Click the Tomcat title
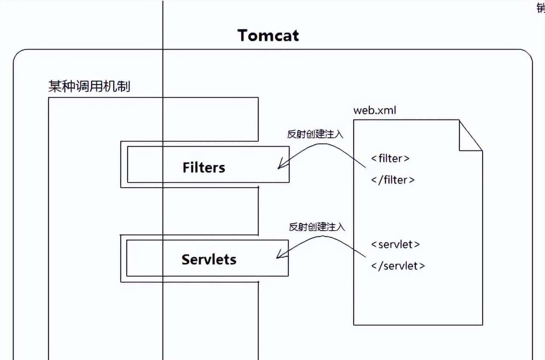pyautogui.click(x=268, y=35)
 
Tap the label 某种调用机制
pyautogui.click(x=89, y=87)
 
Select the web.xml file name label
pyautogui.click(x=374, y=110)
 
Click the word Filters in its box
pyautogui.click(x=204, y=168)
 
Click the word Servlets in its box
pyautogui.click(x=209, y=259)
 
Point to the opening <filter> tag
pyautogui.click(x=390, y=159)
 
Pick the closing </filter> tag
pyautogui.click(x=393, y=180)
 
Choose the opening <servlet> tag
pyautogui.click(x=395, y=244)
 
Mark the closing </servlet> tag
pyautogui.click(x=398, y=266)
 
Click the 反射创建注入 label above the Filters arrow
pyautogui.click(x=315, y=134)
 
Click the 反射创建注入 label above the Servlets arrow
pyautogui.click(x=317, y=227)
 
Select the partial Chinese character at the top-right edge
pyautogui.click(x=541, y=8)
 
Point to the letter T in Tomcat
pyautogui.click(x=243, y=35)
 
